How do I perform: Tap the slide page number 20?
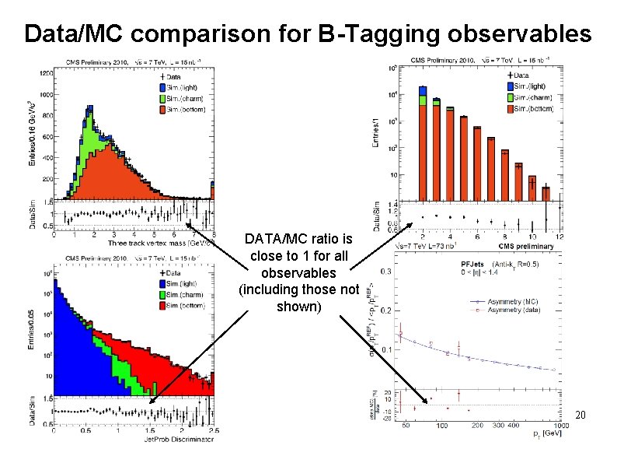pos(579,416)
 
